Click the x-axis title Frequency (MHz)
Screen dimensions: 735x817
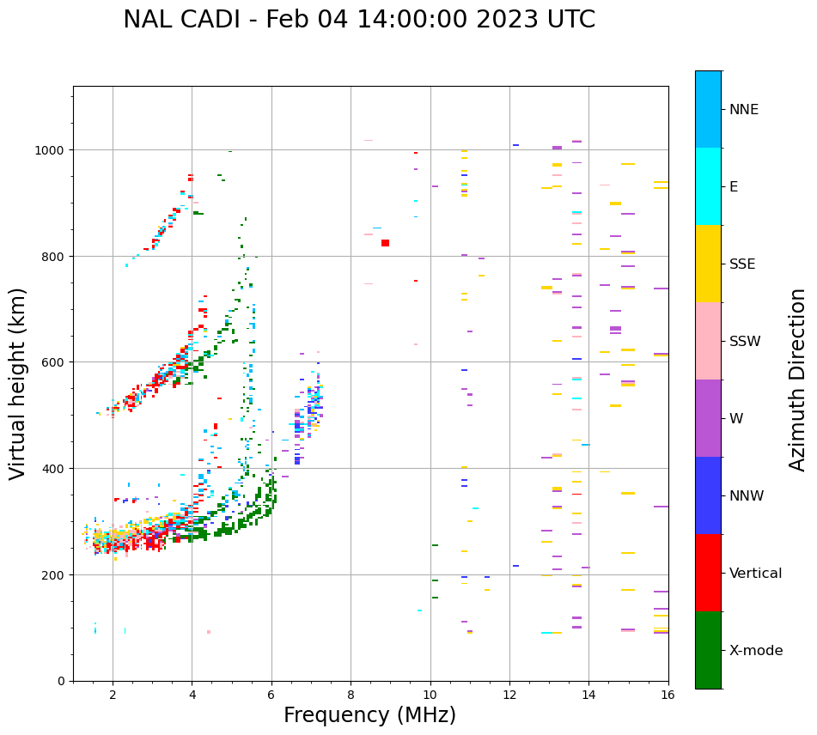(369, 715)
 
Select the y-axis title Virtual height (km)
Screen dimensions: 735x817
(19, 383)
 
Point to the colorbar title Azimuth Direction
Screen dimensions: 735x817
(798, 380)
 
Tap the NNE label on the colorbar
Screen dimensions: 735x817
(744, 110)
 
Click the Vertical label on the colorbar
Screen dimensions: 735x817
(756, 574)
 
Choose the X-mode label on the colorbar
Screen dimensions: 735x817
(756, 651)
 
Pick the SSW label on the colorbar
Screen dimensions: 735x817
(745, 342)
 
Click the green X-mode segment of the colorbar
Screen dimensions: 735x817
(708, 650)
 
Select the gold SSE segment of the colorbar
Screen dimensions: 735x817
(708, 264)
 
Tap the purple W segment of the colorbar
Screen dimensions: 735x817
(708, 418)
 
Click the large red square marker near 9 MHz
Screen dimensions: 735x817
(385, 243)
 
